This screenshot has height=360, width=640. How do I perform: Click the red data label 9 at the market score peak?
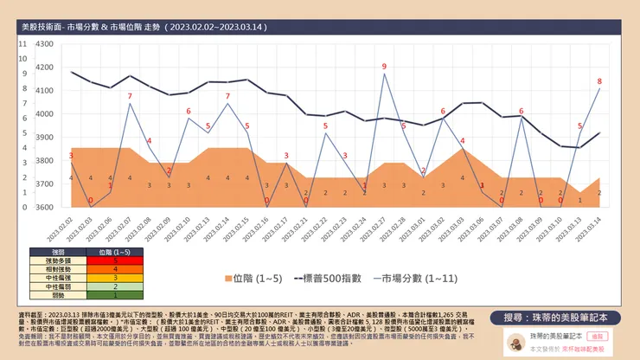tap(385, 67)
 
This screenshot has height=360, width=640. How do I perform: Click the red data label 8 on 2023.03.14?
tap(599, 81)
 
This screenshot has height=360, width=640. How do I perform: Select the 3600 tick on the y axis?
tap(42, 207)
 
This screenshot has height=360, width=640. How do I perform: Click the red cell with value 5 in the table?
tap(115, 260)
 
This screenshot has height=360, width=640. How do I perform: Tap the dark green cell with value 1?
tap(115, 295)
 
